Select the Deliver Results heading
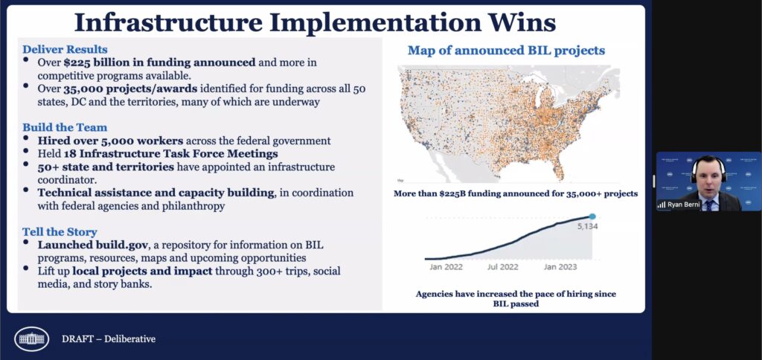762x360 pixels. [x=65, y=50]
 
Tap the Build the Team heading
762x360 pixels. [x=65, y=127]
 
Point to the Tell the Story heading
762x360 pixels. [x=60, y=232]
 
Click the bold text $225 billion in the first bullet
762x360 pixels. [x=94, y=62]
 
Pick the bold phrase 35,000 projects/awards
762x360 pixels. [x=130, y=89]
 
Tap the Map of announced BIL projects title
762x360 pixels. [x=506, y=51]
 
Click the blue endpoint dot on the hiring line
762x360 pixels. [x=592, y=216]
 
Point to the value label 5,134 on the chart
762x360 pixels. [x=587, y=226]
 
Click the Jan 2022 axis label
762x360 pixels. [x=446, y=267]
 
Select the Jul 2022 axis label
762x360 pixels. [x=502, y=267]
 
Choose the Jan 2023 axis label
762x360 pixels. [x=560, y=267]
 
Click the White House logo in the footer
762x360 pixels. [x=31, y=338]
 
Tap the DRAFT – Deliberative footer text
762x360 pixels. [x=109, y=339]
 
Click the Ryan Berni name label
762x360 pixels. [x=684, y=205]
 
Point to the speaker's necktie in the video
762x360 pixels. [x=709, y=204]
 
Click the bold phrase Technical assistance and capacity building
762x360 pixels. [x=156, y=193]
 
